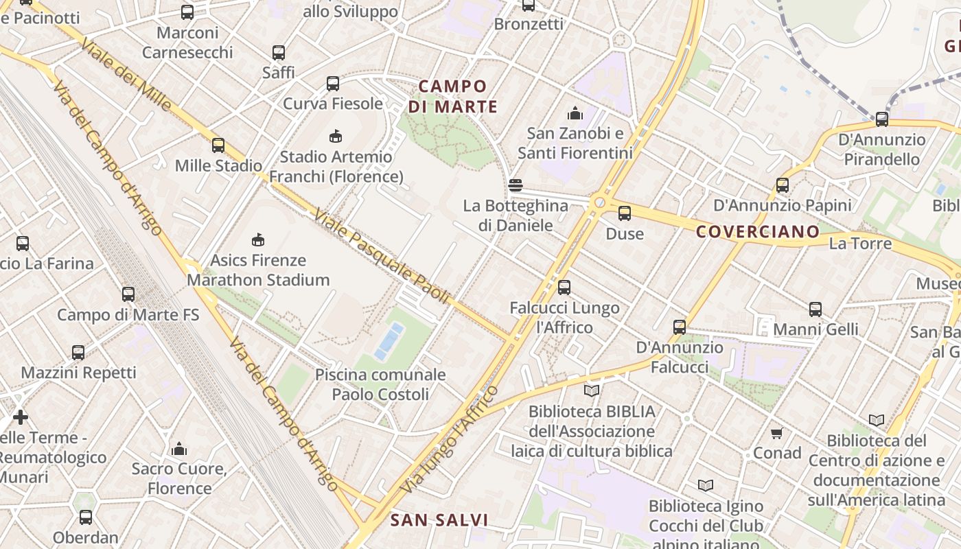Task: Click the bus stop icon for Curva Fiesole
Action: point(333,84)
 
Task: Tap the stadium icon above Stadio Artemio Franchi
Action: point(336,136)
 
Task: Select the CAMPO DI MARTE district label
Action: point(453,97)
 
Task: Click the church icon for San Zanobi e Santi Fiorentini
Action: point(575,113)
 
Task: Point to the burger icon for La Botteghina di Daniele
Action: point(516,185)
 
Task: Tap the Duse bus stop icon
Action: point(625,213)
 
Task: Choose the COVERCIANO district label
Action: point(758,231)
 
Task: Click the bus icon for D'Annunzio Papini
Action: point(783,185)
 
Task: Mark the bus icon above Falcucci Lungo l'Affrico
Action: point(564,288)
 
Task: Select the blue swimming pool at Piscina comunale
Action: point(389,341)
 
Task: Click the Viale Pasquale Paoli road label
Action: point(382,257)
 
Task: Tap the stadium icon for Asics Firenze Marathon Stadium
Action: point(258,240)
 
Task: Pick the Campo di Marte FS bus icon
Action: point(128,294)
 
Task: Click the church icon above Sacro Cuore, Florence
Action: point(179,449)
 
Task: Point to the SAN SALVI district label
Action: point(439,520)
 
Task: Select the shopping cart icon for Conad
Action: point(777,433)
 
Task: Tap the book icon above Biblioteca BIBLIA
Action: point(592,390)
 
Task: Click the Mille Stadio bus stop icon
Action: point(218,145)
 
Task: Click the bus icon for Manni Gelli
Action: point(815,309)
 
